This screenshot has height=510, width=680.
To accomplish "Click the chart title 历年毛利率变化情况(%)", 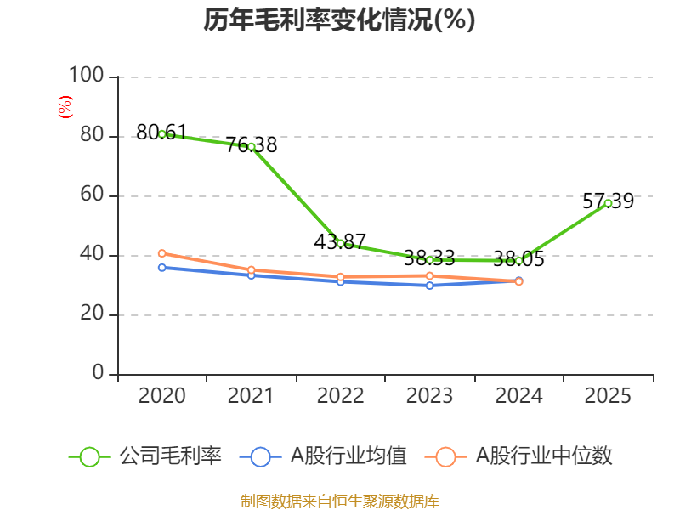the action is (x=339, y=20).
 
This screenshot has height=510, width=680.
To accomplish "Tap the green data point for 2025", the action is (x=608, y=203).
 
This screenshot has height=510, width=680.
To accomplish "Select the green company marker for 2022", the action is (x=341, y=244).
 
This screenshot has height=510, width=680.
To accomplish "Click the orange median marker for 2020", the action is (x=162, y=253).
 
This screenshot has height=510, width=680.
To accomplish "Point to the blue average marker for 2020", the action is (x=162, y=268).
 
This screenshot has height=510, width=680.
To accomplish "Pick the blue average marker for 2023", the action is (x=430, y=286).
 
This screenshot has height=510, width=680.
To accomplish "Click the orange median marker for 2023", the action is (x=430, y=275).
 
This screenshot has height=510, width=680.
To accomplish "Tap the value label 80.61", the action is (x=161, y=133).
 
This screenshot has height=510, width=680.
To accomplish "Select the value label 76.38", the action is (x=252, y=144).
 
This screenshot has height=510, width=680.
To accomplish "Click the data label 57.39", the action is (x=608, y=201).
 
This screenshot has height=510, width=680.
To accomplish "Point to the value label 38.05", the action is (x=518, y=259).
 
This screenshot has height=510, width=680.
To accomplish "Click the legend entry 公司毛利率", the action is (x=145, y=456).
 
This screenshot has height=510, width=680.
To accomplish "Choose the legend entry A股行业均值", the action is (x=323, y=456).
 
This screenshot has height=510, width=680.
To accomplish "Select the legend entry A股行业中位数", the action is (x=518, y=456).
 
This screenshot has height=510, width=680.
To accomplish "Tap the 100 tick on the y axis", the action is (x=87, y=75).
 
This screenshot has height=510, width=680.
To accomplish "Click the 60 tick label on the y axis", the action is (x=92, y=194).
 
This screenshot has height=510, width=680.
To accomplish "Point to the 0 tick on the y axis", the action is (x=98, y=372).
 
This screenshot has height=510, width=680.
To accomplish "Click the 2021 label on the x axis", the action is (x=251, y=395).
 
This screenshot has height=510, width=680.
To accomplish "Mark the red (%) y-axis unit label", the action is (x=65, y=107).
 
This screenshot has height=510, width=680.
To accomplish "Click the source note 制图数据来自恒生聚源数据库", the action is (x=340, y=501).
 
